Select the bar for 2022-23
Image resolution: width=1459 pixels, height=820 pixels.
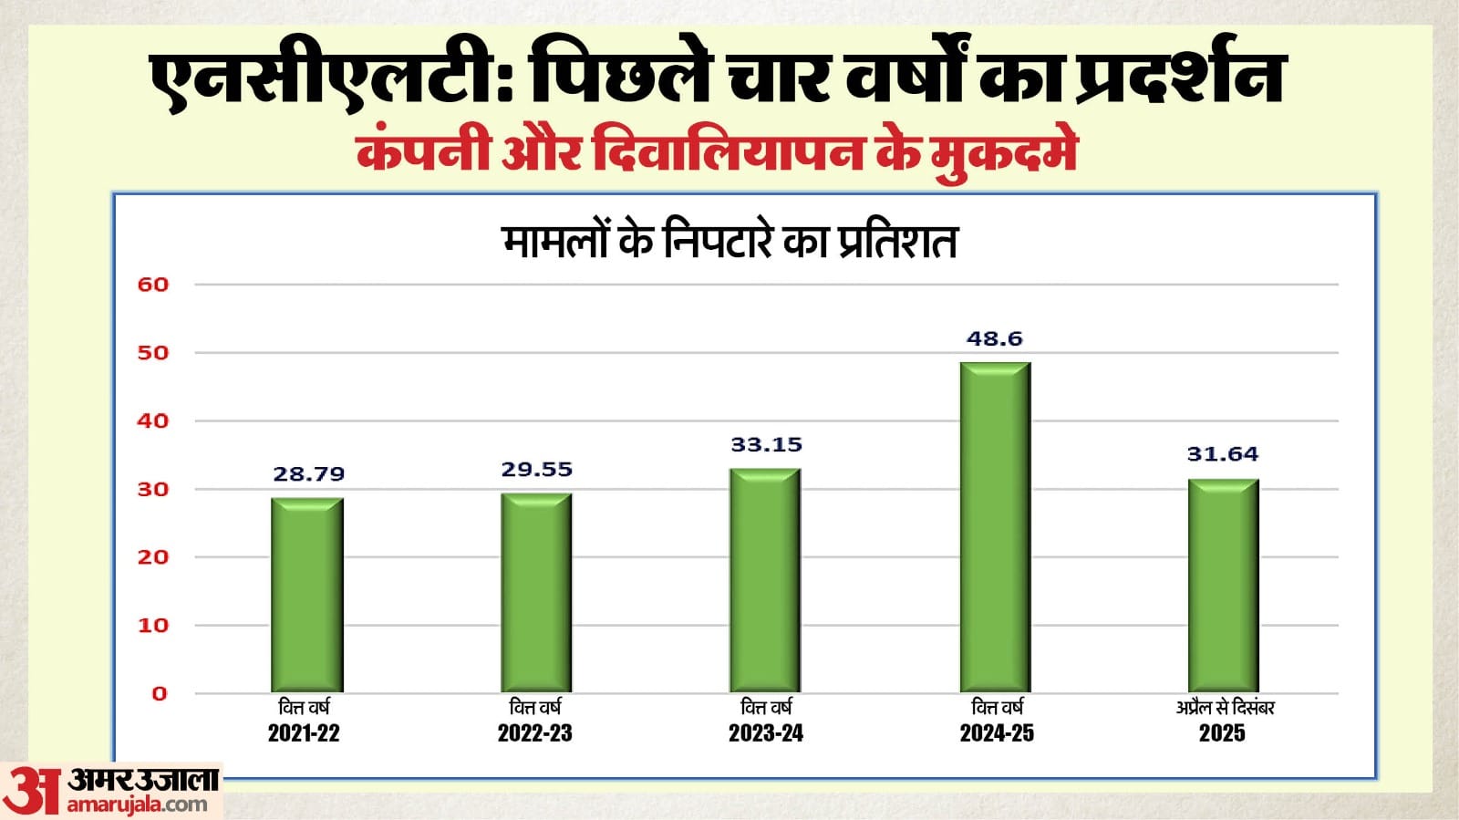[536, 593]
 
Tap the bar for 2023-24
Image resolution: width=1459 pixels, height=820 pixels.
[765, 580]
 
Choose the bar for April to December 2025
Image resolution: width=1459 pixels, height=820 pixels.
[1223, 586]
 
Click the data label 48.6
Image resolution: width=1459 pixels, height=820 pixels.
[994, 338]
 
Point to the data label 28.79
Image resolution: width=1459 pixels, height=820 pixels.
[308, 473]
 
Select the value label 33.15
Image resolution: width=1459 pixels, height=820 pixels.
[766, 444]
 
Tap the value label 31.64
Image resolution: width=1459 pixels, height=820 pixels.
[1222, 453]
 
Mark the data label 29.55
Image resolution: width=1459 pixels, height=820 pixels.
[536, 469]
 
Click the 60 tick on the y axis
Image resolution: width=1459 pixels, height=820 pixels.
[153, 285]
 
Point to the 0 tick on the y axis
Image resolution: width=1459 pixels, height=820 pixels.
[160, 693]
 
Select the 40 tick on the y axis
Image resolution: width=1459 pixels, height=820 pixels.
[153, 420]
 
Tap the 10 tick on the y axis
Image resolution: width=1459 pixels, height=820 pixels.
[153, 625]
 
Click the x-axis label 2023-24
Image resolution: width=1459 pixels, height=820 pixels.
[765, 732]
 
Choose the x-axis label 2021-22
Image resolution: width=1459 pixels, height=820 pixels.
[304, 732]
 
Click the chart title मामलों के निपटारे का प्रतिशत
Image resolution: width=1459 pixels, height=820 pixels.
[729, 243]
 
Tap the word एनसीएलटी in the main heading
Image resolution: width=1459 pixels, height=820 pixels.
[324, 80]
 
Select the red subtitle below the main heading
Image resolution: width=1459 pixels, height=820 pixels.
[717, 152]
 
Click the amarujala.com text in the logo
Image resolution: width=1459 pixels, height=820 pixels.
[137, 804]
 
